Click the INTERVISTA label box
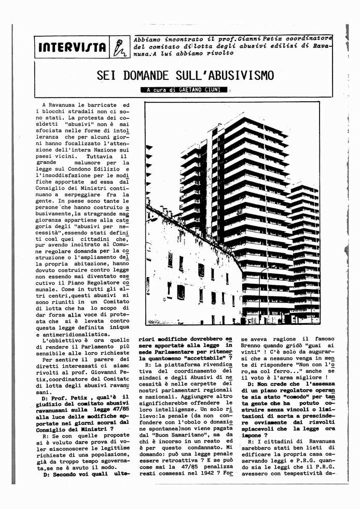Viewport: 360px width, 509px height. tap(73, 48)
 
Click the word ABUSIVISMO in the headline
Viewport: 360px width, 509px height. tap(229, 76)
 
